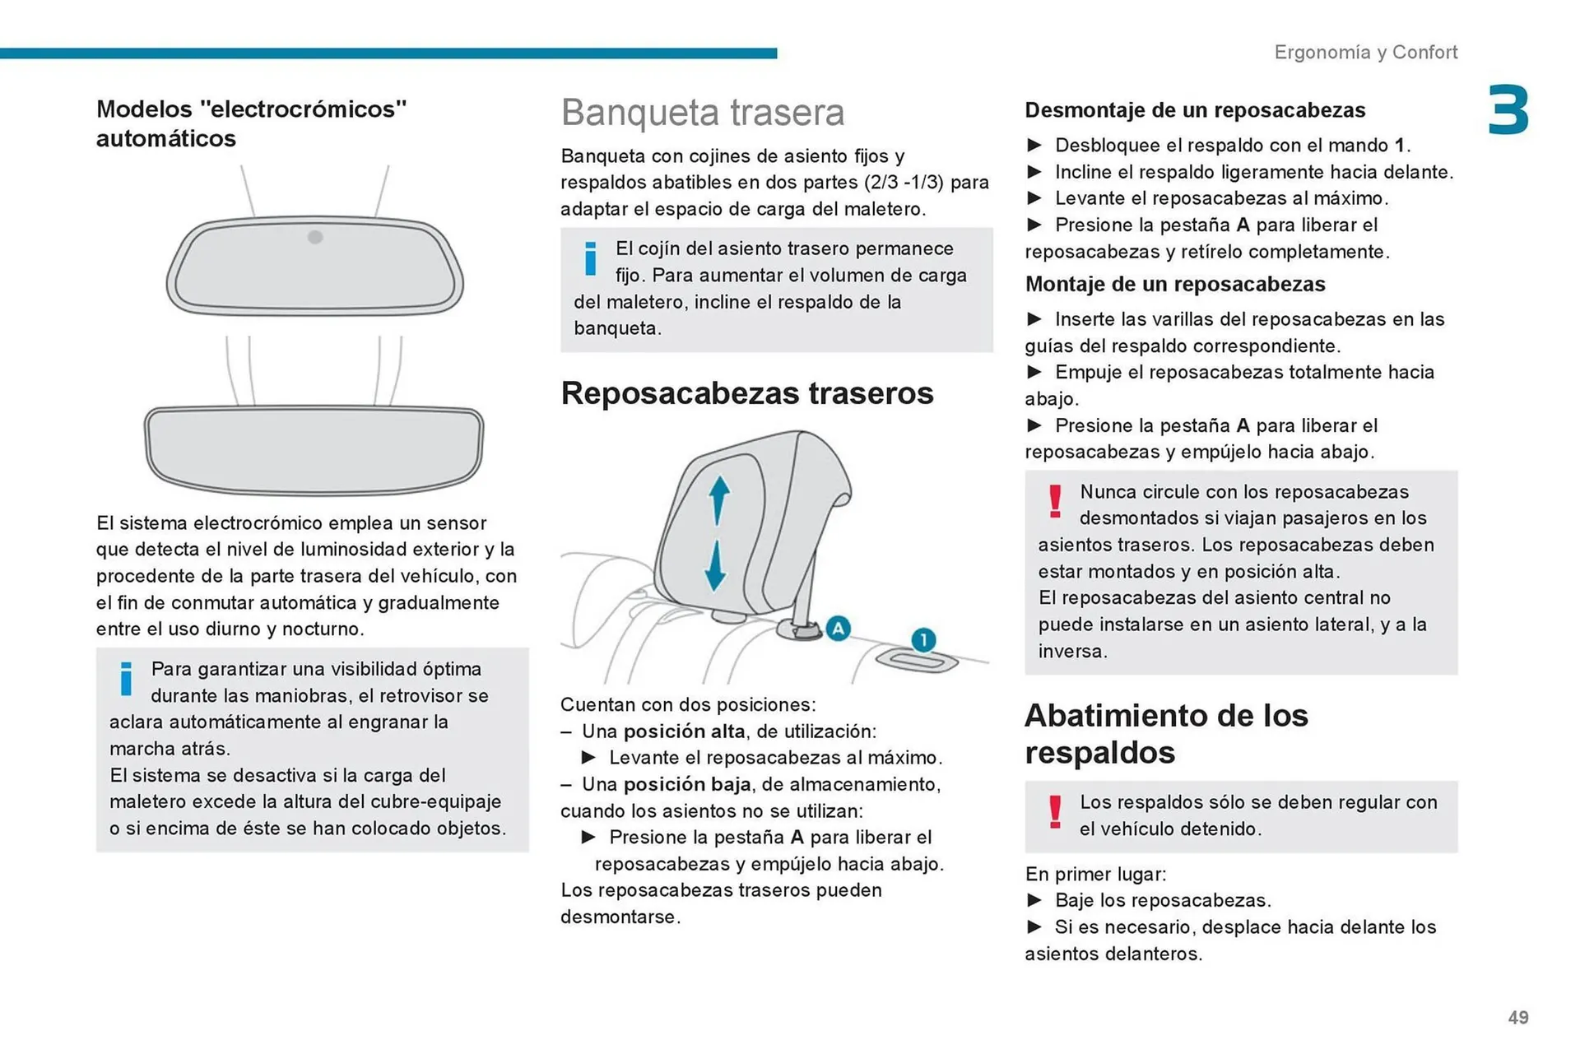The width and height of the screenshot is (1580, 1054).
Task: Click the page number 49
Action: pos(1517,1018)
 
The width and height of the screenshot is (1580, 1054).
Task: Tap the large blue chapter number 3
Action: pos(1508,110)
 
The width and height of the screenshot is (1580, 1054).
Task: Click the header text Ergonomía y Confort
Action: pos(1365,52)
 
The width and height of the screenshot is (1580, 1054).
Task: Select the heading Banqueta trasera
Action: pos(702,113)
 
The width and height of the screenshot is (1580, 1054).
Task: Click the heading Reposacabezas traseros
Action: pos(746,393)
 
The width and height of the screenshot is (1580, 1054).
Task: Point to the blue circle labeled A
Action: pos(838,629)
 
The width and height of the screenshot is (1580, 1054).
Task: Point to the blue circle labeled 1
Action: pos(923,640)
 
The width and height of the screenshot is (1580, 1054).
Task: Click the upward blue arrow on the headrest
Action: pos(719,498)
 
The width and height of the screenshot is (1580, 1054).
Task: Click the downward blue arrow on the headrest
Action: pos(715,566)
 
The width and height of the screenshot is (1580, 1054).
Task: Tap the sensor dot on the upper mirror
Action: pos(315,237)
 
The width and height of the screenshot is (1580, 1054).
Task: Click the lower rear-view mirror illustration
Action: pos(314,448)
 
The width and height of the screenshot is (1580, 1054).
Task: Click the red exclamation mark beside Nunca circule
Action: pos(1055,500)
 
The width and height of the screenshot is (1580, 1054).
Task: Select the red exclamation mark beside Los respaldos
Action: pos(1055,811)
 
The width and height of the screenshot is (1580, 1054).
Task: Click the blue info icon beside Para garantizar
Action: pos(126,679)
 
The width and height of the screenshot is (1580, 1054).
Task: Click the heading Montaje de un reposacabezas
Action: pos(1174,285)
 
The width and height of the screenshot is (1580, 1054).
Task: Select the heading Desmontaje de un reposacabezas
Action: pos(1194,110)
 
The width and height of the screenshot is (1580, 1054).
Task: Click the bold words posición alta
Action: pos(684,731)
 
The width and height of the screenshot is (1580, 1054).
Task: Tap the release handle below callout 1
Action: pos(917,661)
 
